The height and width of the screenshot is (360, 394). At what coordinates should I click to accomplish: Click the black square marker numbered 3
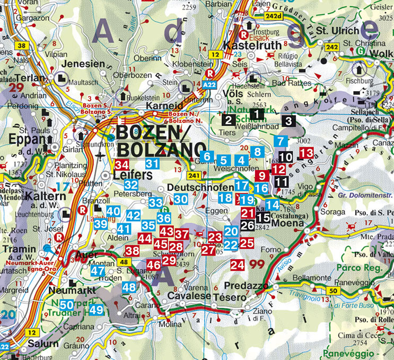point(288,120)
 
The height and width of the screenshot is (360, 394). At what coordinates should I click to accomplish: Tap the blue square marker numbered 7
point(282,141)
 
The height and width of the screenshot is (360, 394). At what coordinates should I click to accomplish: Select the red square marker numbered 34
point(122,165)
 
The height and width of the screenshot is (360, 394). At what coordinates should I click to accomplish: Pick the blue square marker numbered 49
point(96,310)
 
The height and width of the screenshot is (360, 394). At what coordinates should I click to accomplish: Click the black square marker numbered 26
point(247,225)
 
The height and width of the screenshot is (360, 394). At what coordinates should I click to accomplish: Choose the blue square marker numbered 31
point(153,164)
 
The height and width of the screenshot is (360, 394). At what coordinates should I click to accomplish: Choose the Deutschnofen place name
point(200,188)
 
